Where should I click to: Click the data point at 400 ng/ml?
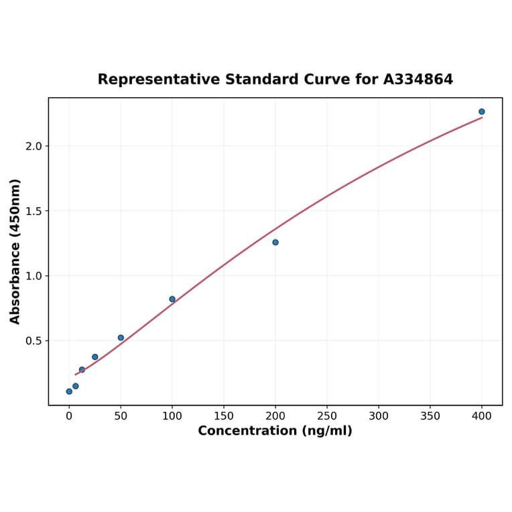coord(482,112)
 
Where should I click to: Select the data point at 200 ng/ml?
coord(275,243)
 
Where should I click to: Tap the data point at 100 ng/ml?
coord(172,300)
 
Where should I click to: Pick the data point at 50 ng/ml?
coord(121,338)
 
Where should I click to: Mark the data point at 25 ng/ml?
coord(95,357)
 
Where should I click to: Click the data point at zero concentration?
coord(69,391)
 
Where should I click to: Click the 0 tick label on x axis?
coord(69,416)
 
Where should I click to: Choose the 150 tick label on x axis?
coord(224,416)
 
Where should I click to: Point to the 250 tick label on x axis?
coord(327,416)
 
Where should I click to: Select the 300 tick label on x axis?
coord(379,416)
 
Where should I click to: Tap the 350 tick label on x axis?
coord(430,416)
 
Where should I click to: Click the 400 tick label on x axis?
coord(482,416)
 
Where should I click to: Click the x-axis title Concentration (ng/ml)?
coord(275,431)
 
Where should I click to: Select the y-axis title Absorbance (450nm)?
coord(15,251)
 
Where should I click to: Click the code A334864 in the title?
coord(418,80)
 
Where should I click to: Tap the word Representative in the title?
coord(159,80)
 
